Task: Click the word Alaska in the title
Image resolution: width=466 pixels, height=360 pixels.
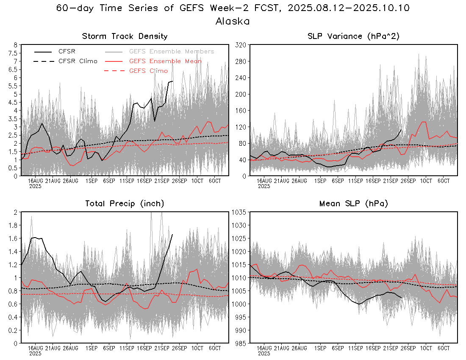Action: coord(233,21)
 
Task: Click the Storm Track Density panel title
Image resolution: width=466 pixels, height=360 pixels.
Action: coord(125,36)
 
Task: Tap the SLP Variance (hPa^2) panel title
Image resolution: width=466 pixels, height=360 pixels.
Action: coord(354,36)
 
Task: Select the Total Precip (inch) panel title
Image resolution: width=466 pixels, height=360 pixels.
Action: coord(125,204)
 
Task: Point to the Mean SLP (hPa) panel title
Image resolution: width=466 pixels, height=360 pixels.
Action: coord(354,204)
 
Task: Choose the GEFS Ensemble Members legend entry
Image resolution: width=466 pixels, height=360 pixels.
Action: coord(172,51)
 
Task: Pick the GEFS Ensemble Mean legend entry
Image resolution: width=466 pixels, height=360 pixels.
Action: coord(165,61)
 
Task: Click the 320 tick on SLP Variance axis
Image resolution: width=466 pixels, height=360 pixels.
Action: coord(241,44)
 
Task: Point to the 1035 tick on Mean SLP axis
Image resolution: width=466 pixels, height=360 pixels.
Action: coord(240,212)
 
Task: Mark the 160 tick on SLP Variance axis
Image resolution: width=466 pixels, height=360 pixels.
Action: coord(241,110)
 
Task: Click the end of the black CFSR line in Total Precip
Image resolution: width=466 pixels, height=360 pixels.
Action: coord(172,234)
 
